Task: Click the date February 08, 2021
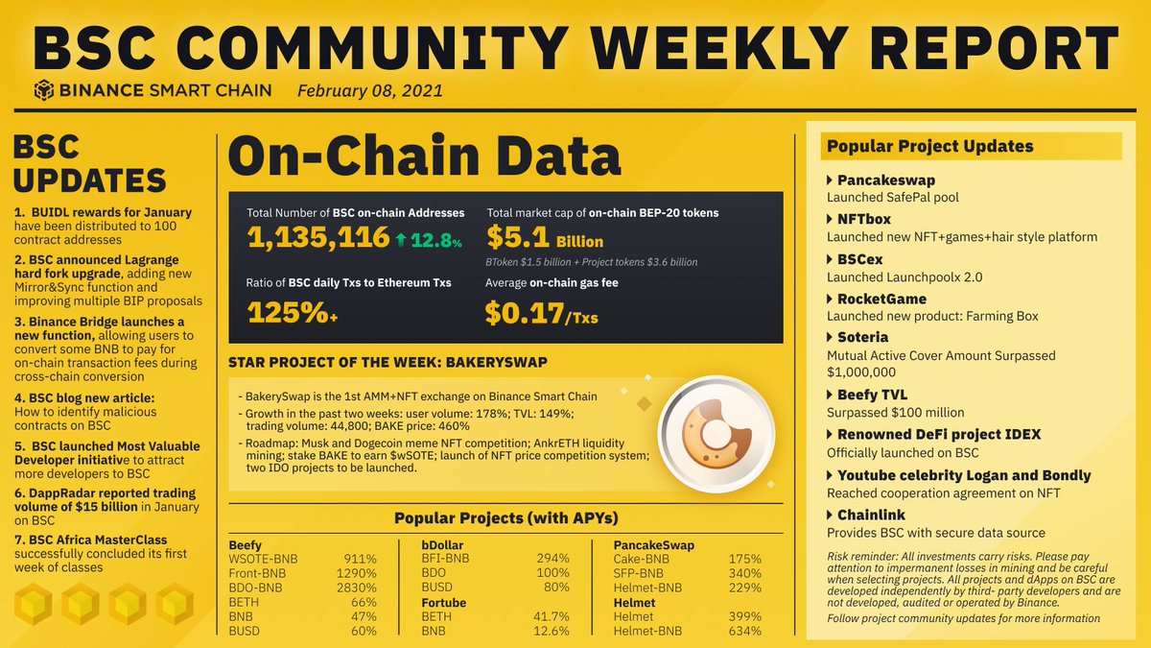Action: [x=369, y=91]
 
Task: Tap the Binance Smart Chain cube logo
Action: [x=44, y=91]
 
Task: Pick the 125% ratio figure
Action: [x=284, y=312]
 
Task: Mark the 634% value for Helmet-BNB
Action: [x=743, y=631]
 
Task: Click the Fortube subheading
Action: [x=444, y=602]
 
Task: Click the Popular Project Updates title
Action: [x=929, y=146]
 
